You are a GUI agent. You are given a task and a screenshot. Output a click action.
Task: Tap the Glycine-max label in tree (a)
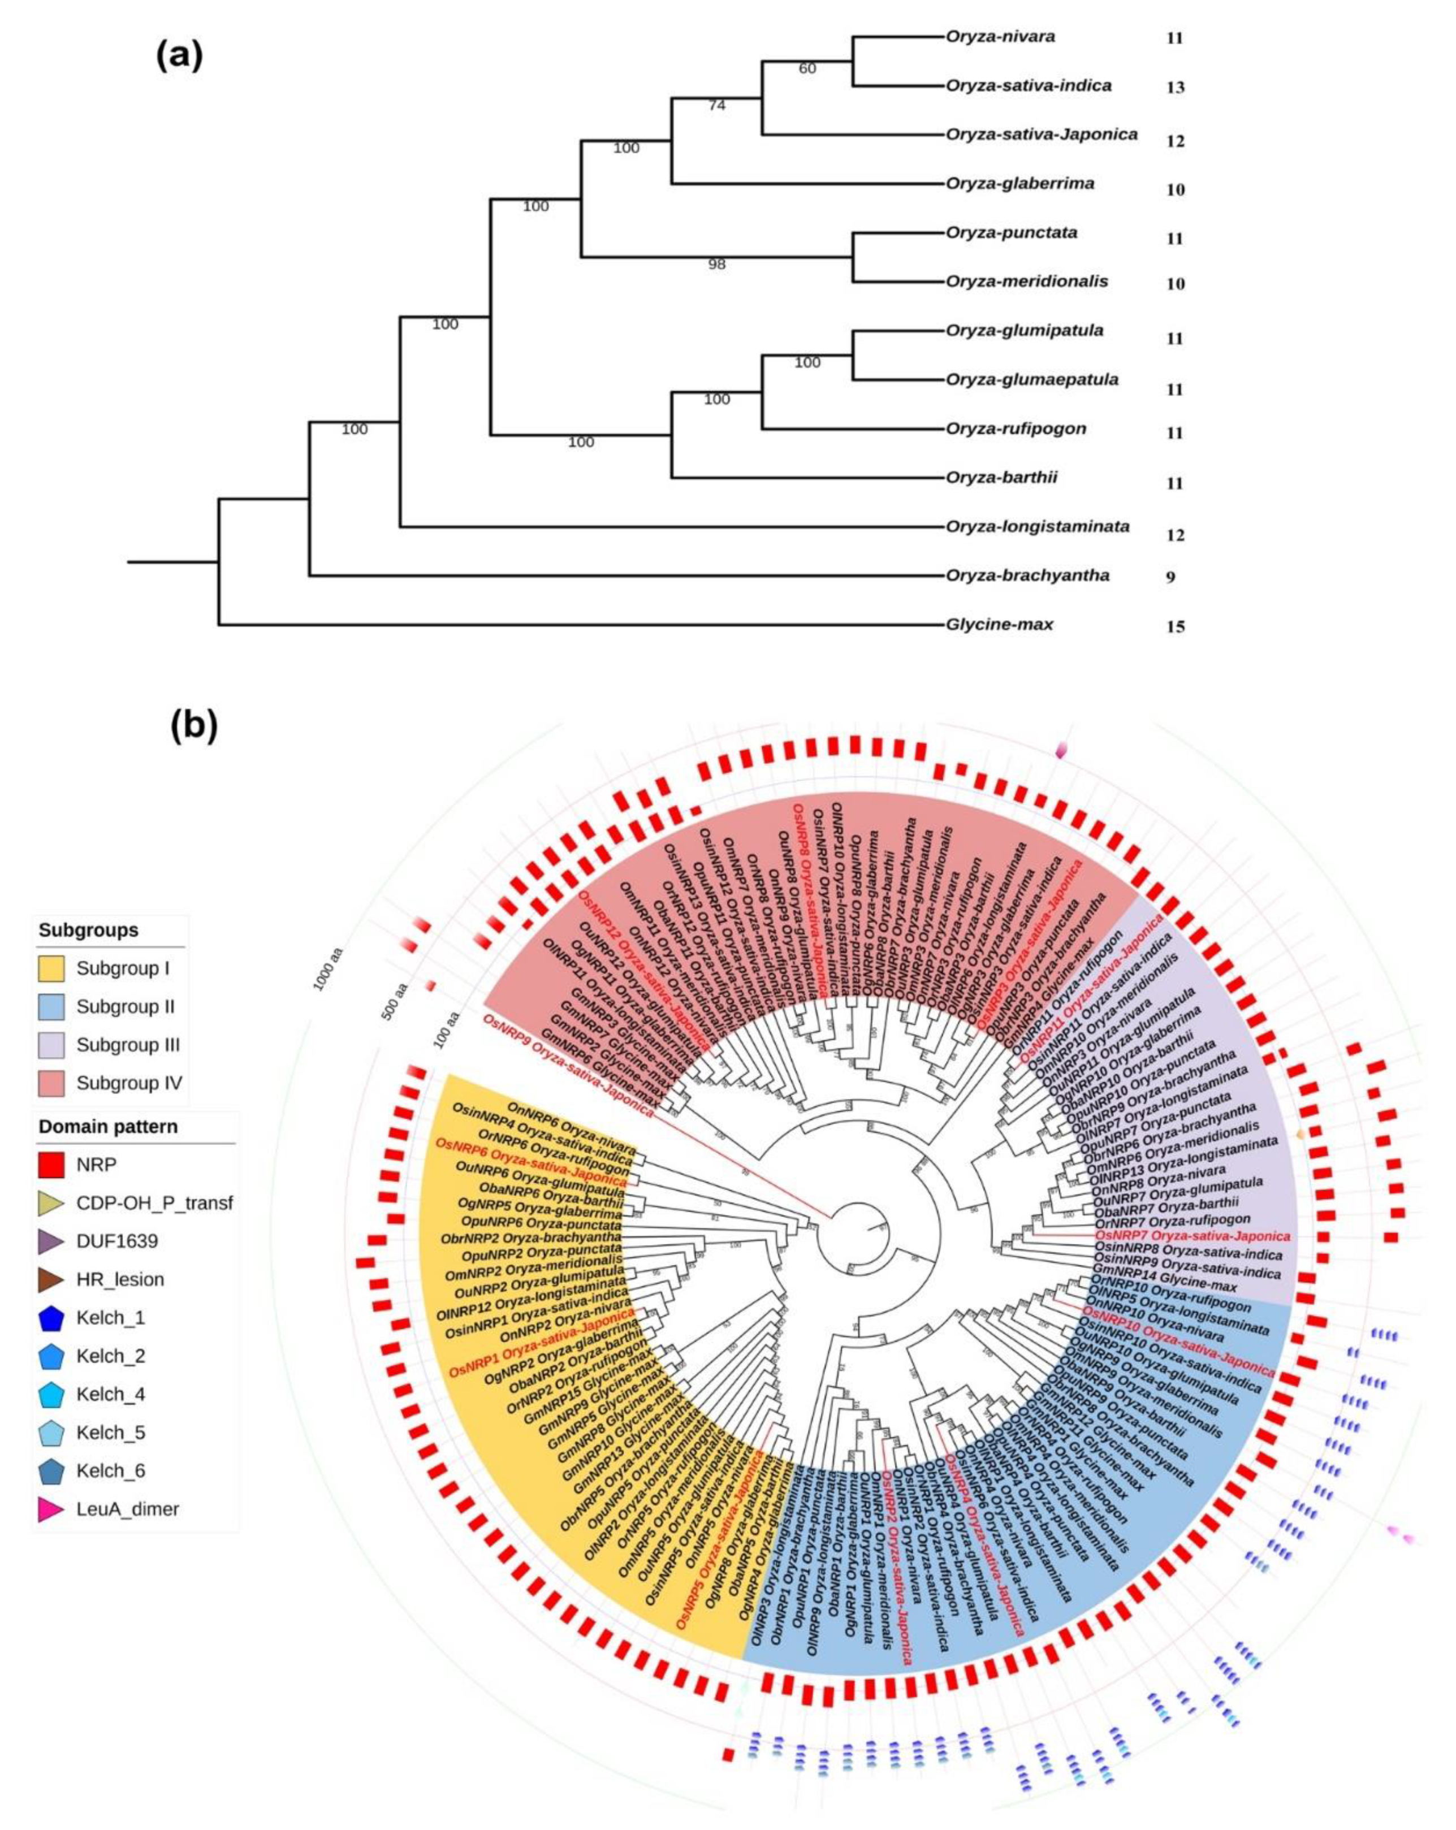999,625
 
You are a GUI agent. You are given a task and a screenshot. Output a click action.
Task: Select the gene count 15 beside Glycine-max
1174,628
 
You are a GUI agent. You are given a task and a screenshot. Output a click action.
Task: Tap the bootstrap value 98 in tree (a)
716,265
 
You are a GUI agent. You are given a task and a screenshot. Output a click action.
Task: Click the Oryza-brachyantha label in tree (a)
1027,576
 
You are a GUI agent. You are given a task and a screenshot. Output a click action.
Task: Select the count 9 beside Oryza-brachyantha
1170,577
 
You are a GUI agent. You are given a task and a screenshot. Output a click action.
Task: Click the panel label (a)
179,56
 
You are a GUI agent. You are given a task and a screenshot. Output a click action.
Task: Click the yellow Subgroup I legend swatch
51,968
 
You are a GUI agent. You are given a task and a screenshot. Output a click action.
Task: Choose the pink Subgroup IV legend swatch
51,1083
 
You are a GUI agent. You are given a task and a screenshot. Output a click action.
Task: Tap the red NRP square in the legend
51,1165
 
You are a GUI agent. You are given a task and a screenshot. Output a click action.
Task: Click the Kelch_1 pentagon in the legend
51,1318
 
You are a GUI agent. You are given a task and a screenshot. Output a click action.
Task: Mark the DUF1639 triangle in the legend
51,1242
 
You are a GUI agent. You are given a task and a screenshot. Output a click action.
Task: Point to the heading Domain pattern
108,1127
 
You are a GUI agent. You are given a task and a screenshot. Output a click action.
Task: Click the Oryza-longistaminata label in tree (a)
1038,527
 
